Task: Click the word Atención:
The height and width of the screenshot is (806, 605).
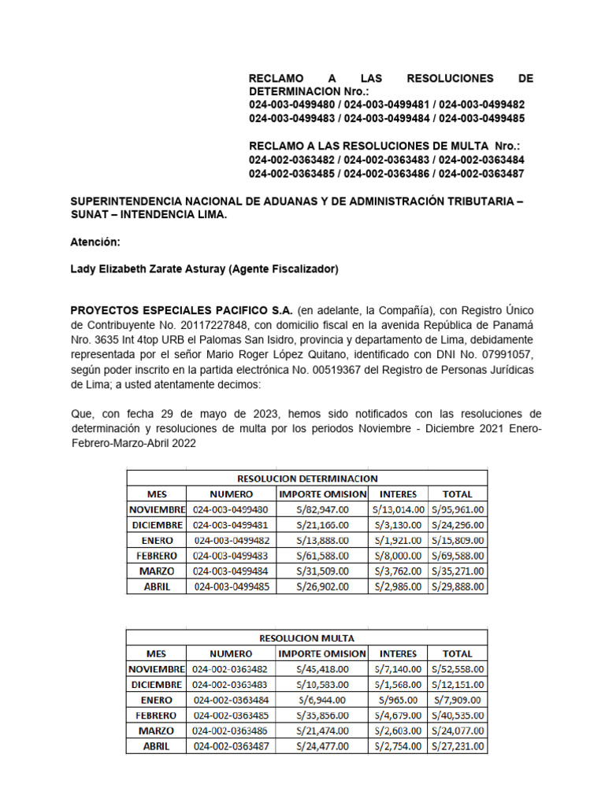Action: [x=95, y=242]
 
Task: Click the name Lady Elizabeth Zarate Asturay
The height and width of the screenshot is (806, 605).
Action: [x=147, y=269]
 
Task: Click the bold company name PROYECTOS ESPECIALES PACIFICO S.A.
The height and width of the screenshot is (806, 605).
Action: [x=182, y=309]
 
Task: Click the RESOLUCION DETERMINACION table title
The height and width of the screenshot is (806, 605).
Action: [x=307, y=478]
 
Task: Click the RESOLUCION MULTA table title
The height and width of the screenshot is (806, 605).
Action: [x=307, y=638]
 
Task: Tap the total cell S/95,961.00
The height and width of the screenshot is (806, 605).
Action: [x=458, y=509]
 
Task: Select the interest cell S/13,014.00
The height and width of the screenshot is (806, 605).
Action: [x=398, y=509]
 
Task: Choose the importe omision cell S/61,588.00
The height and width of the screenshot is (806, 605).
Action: [x=322, y=556]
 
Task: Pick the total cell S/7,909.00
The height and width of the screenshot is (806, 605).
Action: [x=458, y=700]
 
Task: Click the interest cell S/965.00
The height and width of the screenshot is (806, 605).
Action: [x=398, y=700]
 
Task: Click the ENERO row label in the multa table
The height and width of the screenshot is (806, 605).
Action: [x=157, y=700]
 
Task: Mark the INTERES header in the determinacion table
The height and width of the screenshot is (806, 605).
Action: [x=398, y=494]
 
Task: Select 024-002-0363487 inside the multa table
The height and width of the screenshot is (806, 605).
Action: [x=232, y=746]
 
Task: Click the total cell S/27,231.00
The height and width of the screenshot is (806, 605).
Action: [x=458, y=746]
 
